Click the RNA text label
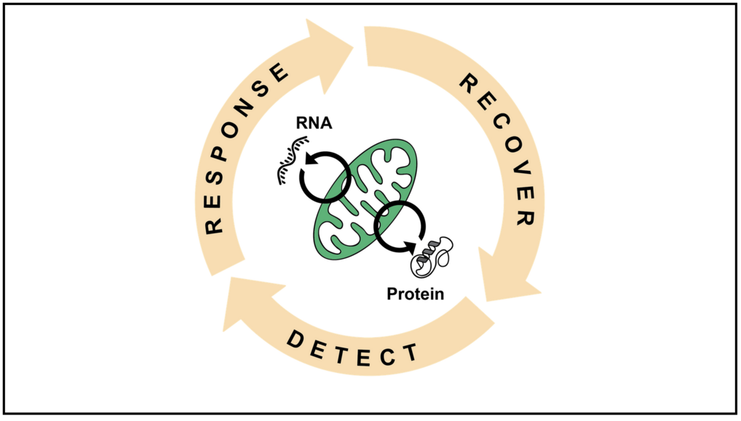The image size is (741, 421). [314, 123]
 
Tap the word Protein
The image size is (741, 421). [415, 294]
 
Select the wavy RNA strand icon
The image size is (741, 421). [290, 164]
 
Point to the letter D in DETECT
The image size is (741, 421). [295, 337]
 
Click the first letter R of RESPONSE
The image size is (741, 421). [214, 225]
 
